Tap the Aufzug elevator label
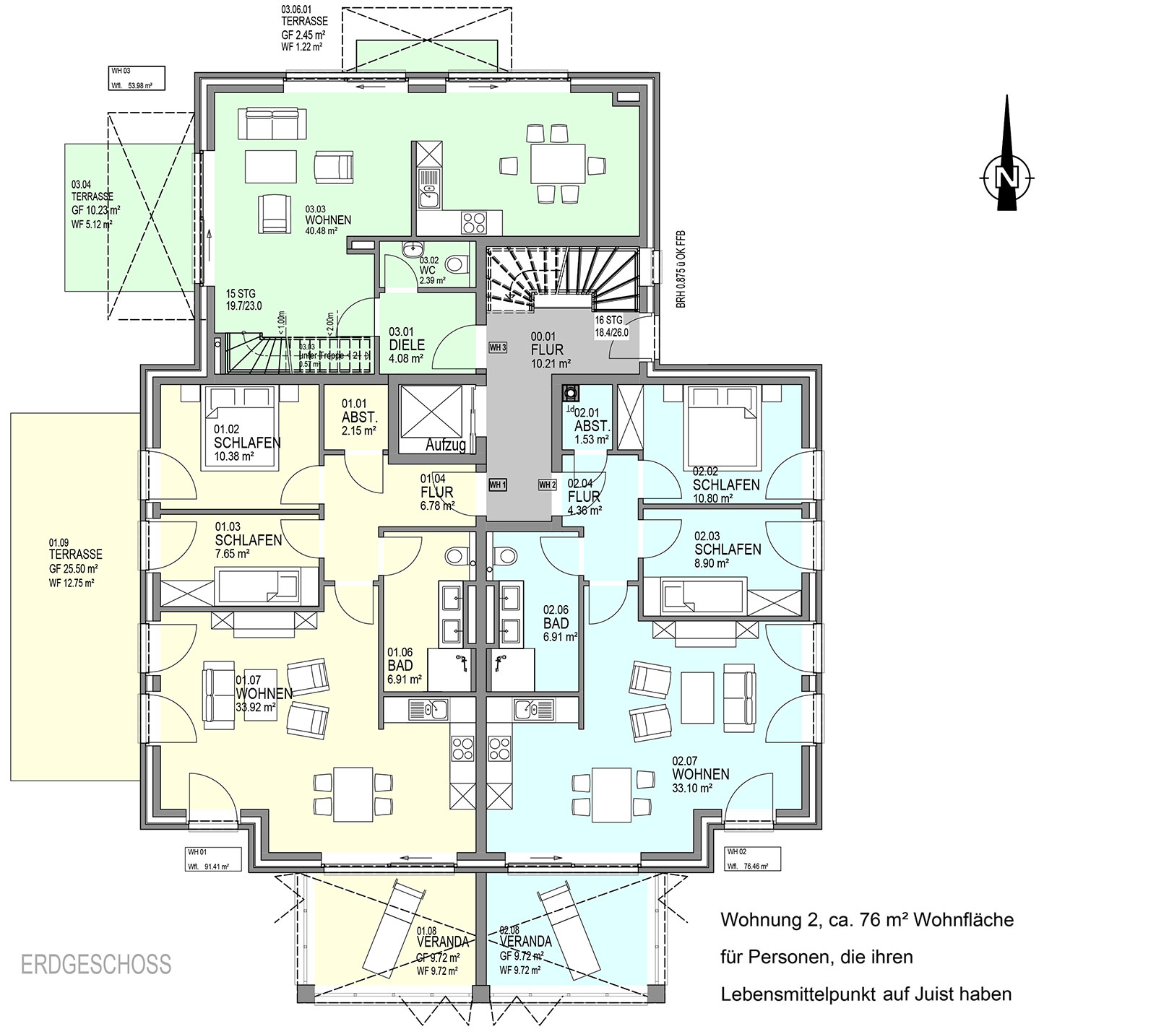pos(445,446)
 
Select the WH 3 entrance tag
pos(498,347)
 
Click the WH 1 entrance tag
pos(498,484)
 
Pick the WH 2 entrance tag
pos(547,484)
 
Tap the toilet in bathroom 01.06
pos(456,555)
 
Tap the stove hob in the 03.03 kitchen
pos(474,222)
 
